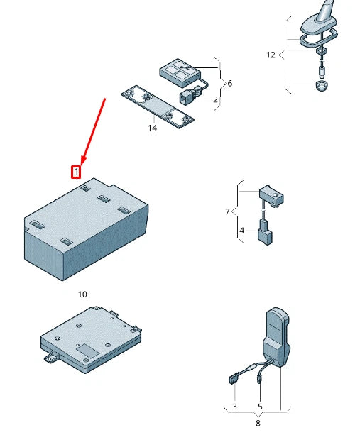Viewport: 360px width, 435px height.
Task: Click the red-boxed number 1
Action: click(x=76, y=172)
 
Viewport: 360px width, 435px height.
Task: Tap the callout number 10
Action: click(x=82, y=294)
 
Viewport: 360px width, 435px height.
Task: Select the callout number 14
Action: click(x=153, y=128)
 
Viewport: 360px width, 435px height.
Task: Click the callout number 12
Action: click(x=271, y=55)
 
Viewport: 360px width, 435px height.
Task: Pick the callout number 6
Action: click(x=230, y=83)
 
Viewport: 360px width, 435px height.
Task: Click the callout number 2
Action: click(x=215, y=99)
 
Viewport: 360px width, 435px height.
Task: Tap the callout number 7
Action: click(x=227, y=212)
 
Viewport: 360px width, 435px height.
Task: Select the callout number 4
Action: click(x=241, y=231)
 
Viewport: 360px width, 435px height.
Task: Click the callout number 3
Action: click(x=234, y=407)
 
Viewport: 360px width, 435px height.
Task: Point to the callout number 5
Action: click(x=260, y=407)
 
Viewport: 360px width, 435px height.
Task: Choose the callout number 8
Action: click(x=258, y=424)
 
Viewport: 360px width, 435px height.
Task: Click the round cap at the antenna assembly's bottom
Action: click(x=322, y=85)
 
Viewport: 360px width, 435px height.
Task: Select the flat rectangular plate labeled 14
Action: click(x=158, y=107)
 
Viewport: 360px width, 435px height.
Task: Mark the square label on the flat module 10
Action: click(x=88, y=351)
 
